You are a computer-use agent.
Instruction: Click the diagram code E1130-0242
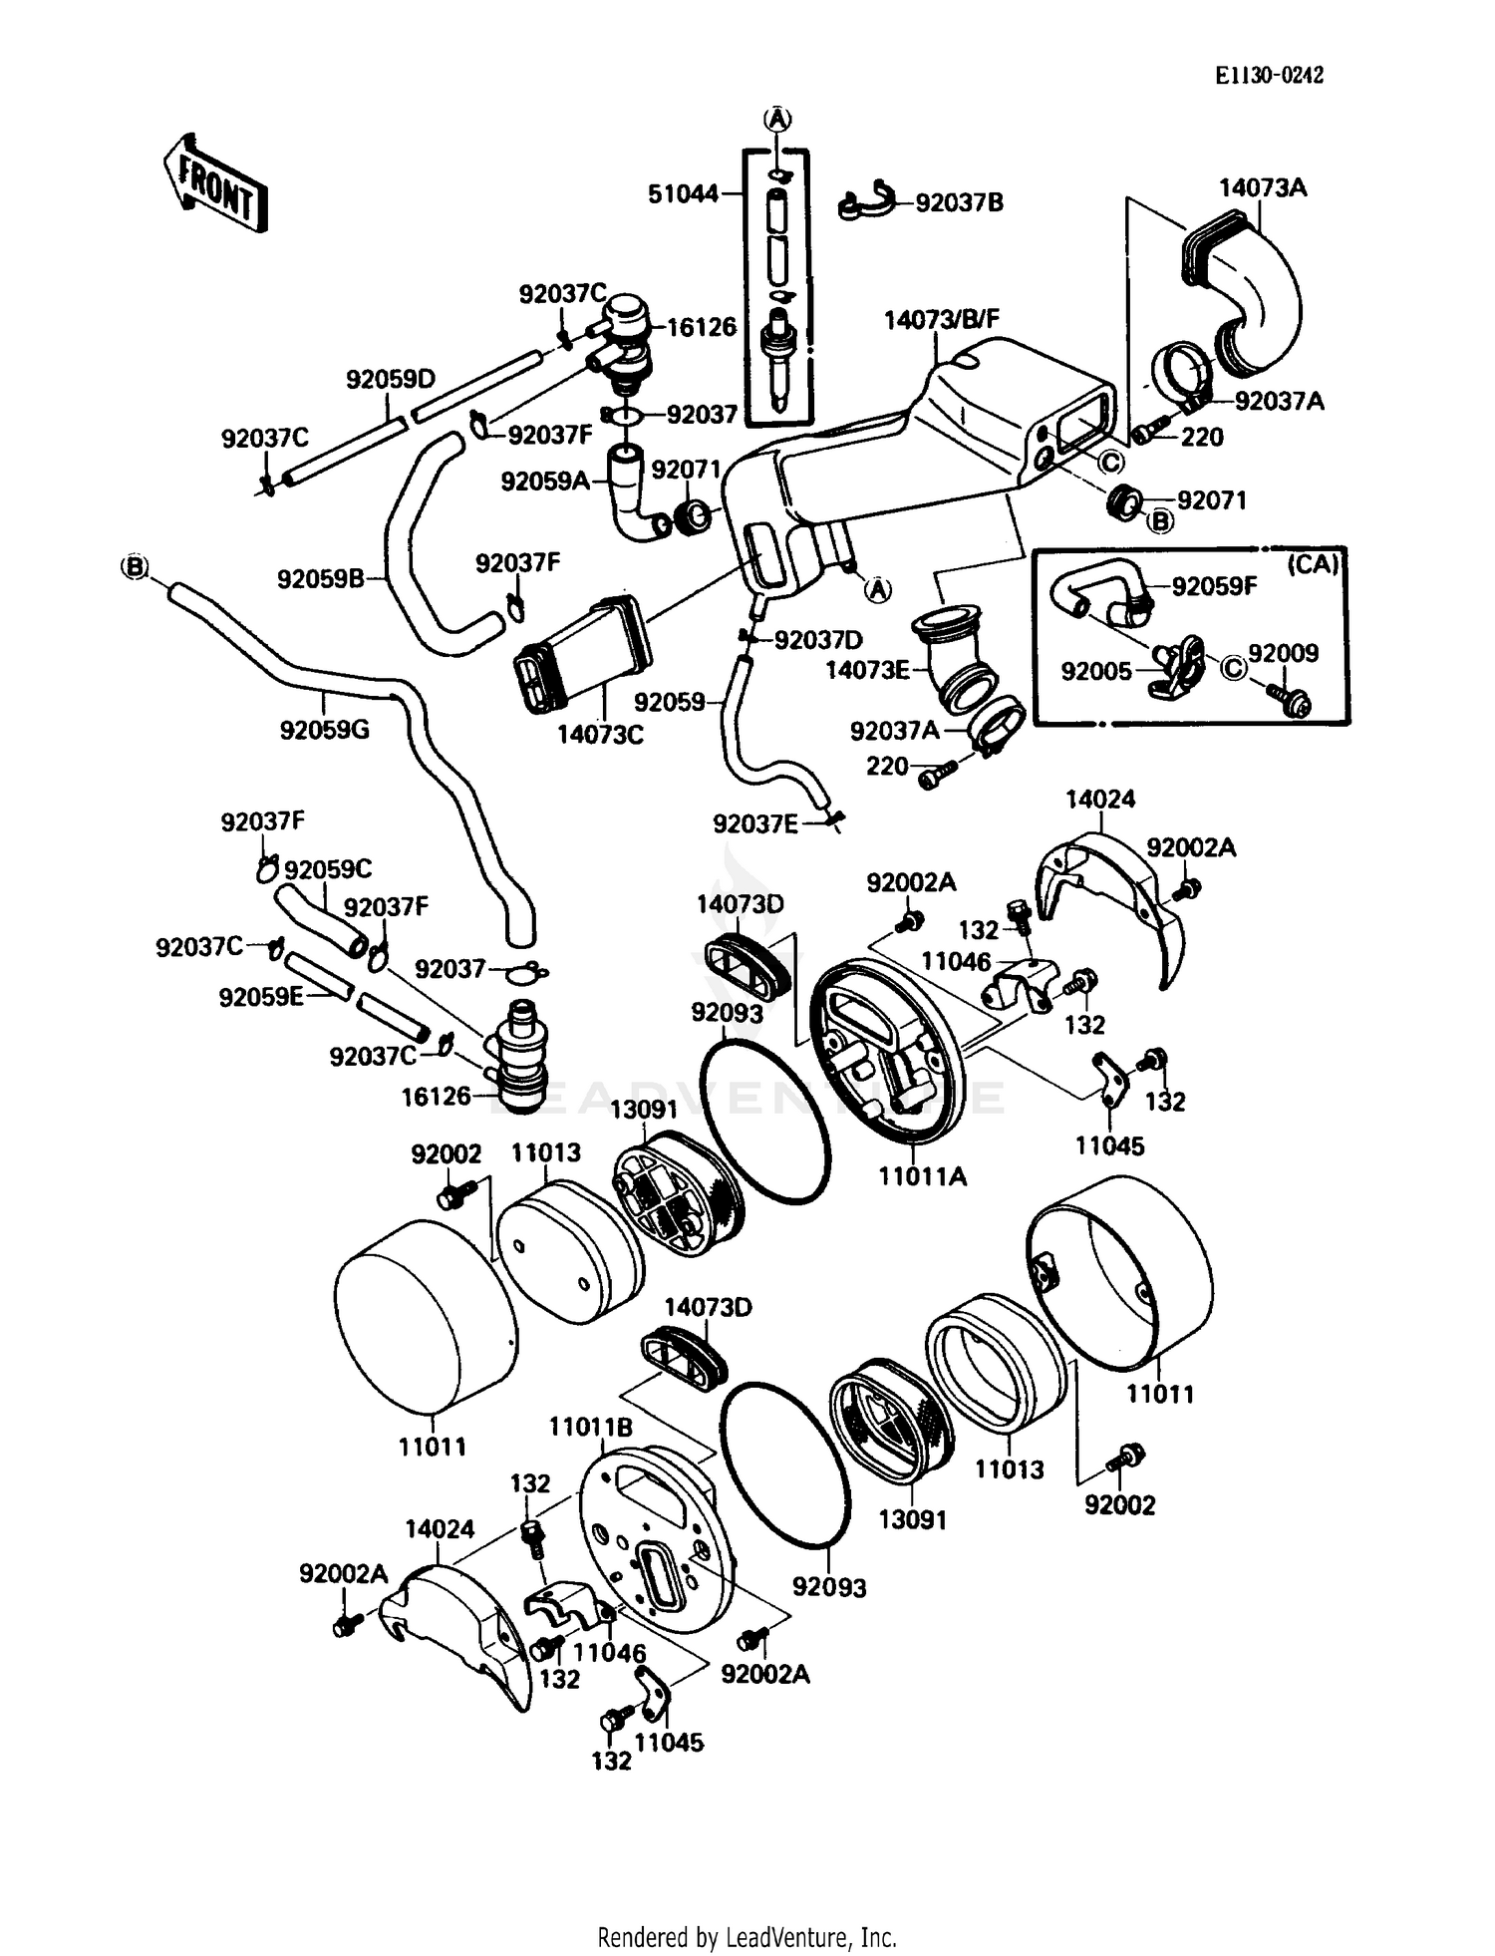[x=1268, y=76]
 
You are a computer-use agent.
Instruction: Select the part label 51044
[x=683, y=193]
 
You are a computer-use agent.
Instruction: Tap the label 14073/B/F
[x=941, y=319]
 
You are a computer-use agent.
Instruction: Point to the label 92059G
[x=324, y=729]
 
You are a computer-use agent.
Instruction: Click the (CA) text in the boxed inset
[x=1313, y=564]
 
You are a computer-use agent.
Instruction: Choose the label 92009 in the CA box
[x=1283, y=653]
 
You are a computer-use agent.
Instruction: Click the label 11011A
[x=922, y=1175]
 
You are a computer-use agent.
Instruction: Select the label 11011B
[x=590, y=1427]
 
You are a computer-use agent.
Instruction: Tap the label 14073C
[x=600, y=734]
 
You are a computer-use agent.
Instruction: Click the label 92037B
[x=959, y=202]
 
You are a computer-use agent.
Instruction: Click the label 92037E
[x=755, y=823]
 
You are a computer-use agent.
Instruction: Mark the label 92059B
[x=321, y=578]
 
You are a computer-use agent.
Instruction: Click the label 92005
[x=1096, y=671]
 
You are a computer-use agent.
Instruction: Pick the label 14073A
[x=1262, y=187]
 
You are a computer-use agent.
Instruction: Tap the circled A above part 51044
[x=777, y=119]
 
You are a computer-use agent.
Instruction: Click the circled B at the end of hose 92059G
[x=134, y=567]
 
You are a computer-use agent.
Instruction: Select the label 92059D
[x=391, y=379]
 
